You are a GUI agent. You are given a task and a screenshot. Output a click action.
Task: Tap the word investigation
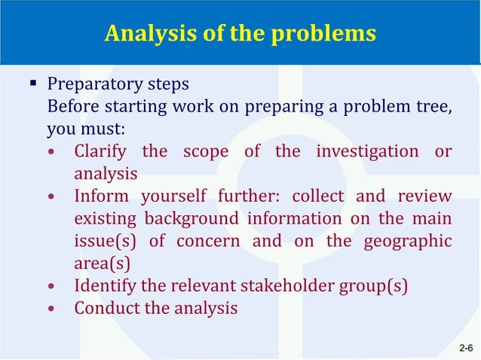[367, 151]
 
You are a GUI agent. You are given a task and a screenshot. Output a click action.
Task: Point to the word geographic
[408, 241]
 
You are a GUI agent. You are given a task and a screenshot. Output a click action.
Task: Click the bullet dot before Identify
[51, 287]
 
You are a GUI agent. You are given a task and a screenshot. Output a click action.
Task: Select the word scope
[207, 151]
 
